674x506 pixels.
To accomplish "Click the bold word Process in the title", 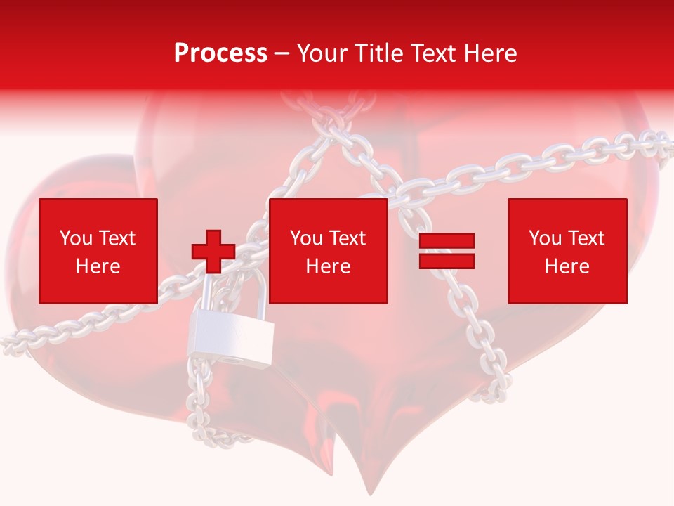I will pos(220,53).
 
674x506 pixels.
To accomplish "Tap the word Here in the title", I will pos(489,53).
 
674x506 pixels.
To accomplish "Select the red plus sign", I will pos(213,251).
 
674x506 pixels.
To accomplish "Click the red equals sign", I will pos(447,251).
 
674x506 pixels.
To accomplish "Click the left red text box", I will pos(98,251).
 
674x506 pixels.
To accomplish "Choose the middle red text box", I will pos(329,251).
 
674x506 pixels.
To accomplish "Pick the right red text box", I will pos(567,251).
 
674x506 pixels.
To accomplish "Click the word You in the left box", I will pos(76,238).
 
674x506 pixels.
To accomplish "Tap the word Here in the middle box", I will pos(329,266).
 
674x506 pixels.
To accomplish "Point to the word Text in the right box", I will pos(586,238).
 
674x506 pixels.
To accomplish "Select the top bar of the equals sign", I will pos(447,241).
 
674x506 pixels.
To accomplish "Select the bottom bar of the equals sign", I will pos(447,261).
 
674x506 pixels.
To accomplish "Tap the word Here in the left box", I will pos(98,266).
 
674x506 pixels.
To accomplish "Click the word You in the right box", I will pos(545,238).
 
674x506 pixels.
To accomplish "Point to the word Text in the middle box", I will pos(347,238).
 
